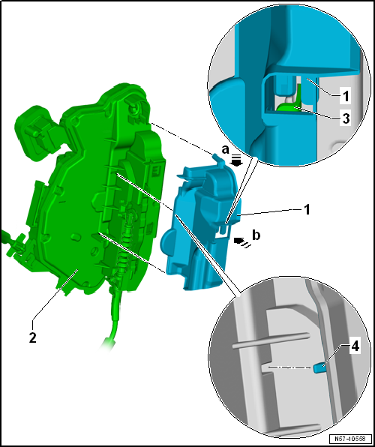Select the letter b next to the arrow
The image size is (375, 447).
click(x=257, y=235)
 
